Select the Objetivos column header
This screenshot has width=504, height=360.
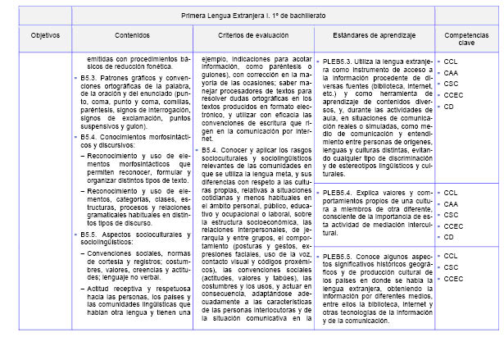44,37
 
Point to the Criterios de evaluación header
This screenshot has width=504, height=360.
261,37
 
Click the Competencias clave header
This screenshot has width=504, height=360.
465,41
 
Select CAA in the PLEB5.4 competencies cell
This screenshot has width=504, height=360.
452,203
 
